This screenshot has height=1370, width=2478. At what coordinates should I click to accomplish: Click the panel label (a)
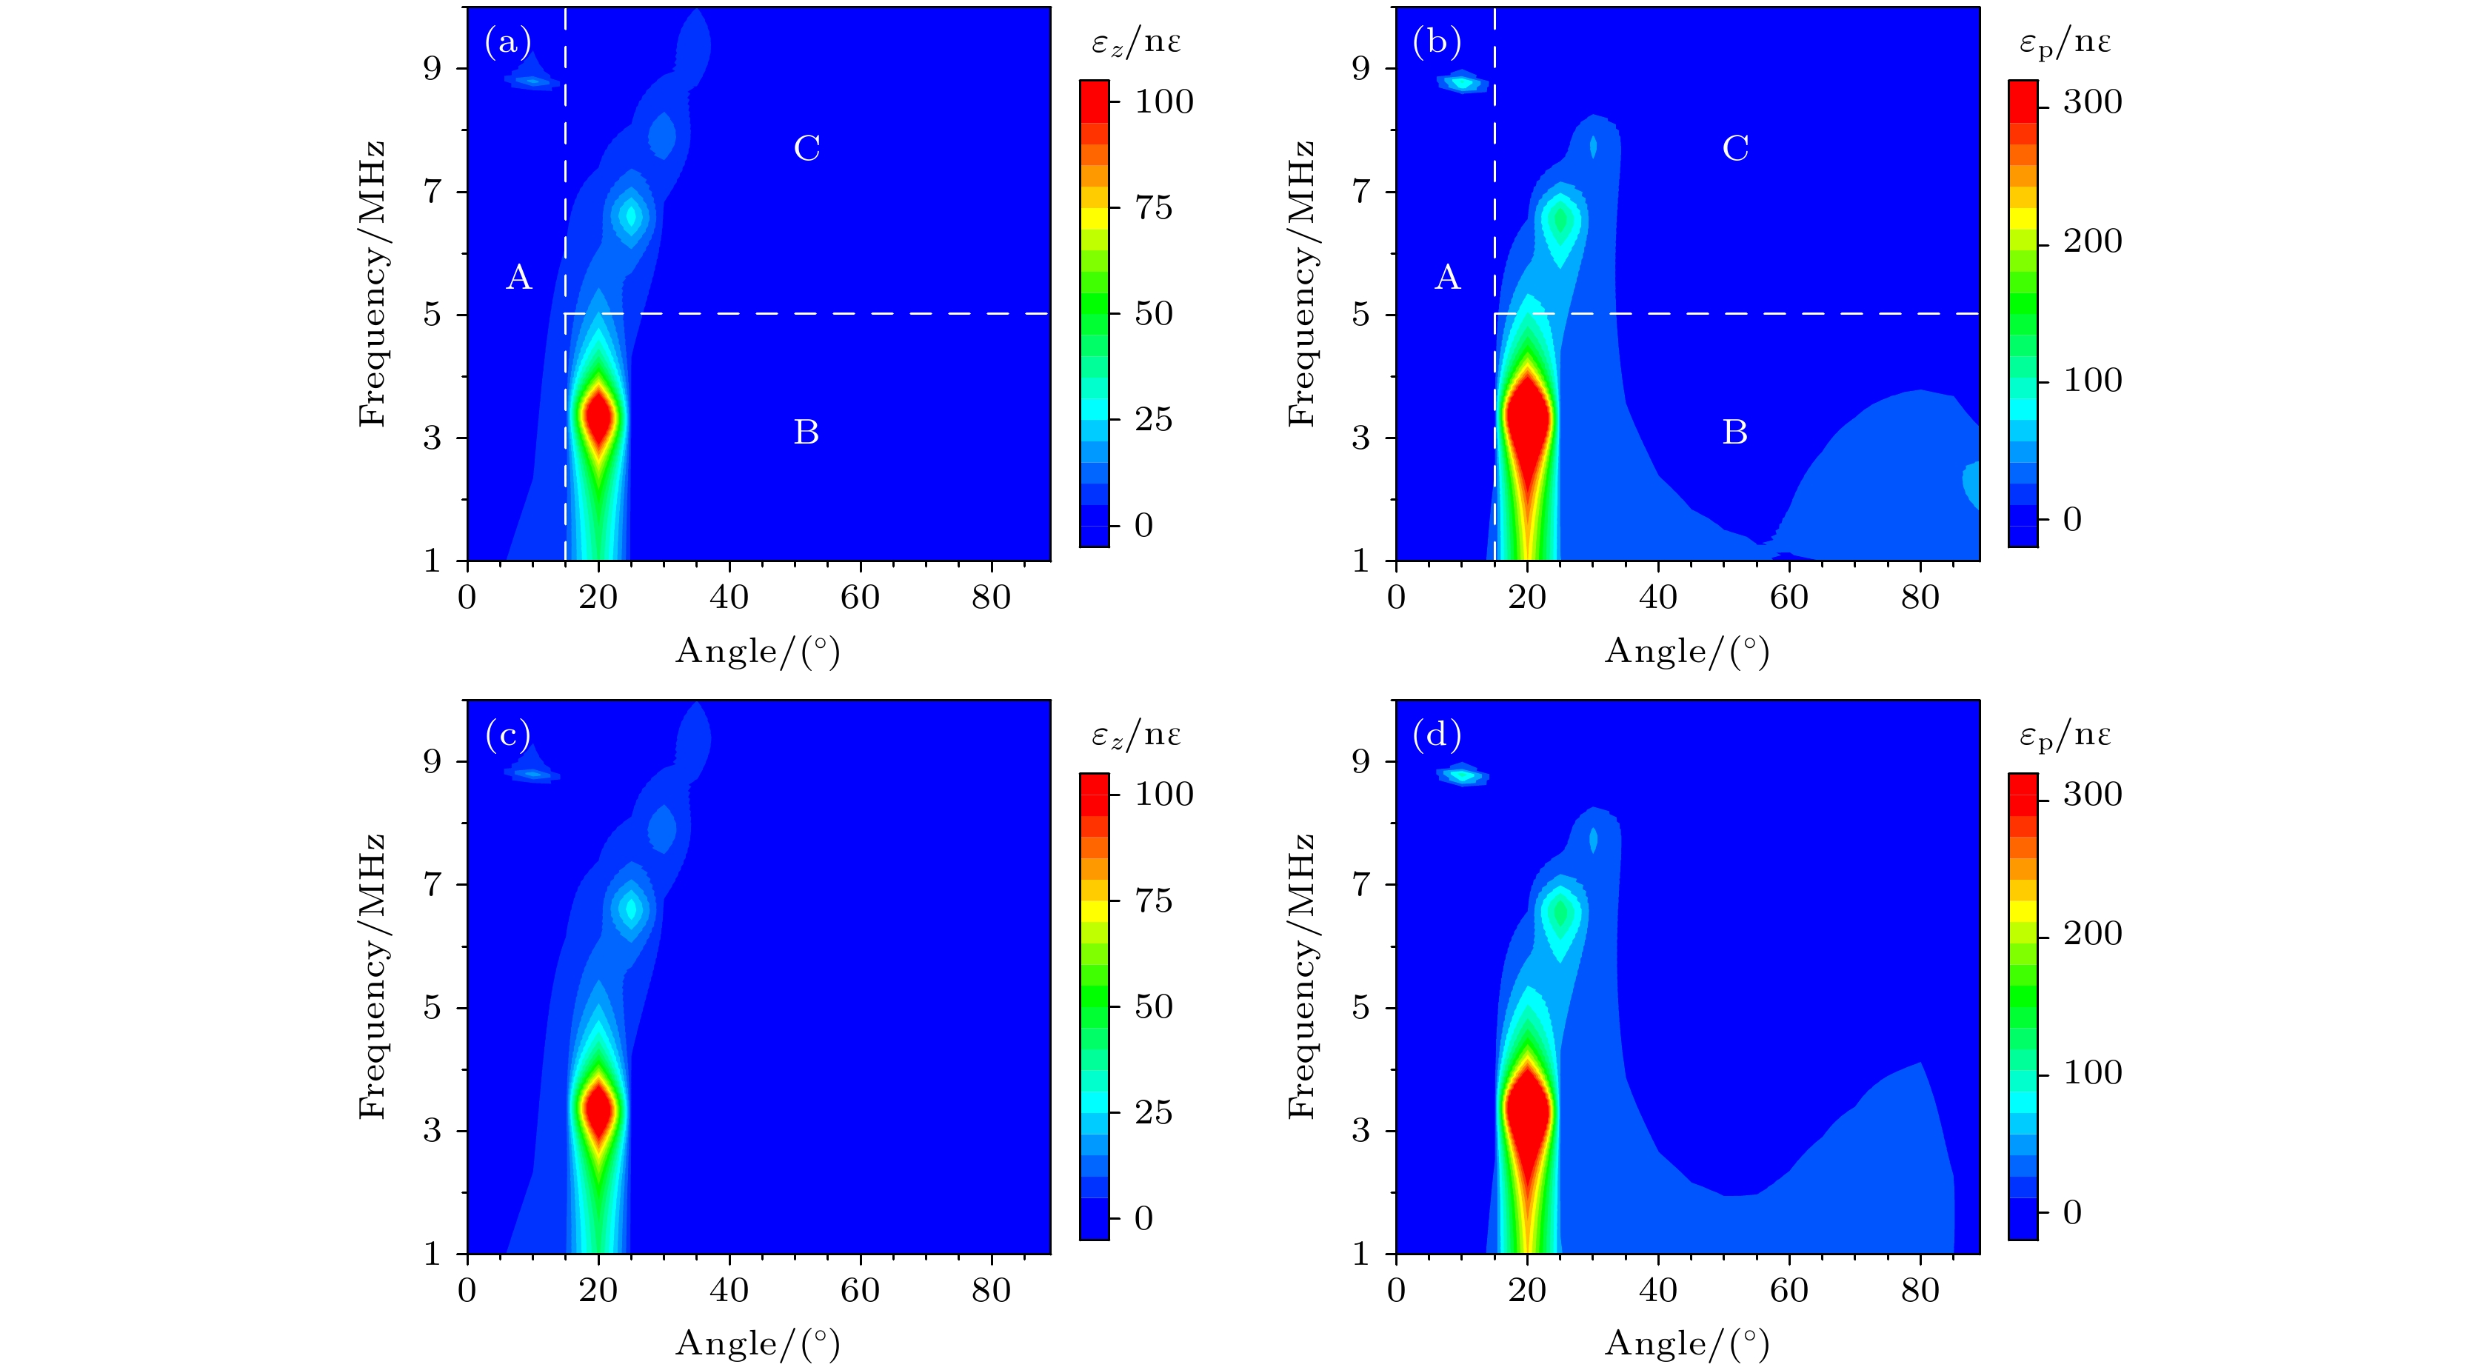tap(507, 43)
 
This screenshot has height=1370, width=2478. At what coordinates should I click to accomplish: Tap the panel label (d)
tap(1436, 736)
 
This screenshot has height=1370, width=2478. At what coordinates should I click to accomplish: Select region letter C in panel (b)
tap(1734, 148)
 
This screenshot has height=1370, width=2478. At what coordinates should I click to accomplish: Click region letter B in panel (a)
tap(806, 432)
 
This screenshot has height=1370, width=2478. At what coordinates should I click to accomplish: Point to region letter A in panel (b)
tap(1447, 278)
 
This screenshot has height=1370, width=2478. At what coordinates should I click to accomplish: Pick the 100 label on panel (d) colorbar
tap(2092, 1073)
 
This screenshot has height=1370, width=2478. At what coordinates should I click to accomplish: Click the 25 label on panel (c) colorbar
tap(1153, 1112)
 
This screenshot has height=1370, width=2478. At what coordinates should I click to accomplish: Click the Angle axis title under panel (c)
tap(758, 1343)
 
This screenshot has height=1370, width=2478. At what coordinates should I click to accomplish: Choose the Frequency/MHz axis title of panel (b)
tap(1300, 283)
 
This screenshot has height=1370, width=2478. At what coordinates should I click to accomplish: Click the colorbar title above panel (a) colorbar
tap(1136, 42)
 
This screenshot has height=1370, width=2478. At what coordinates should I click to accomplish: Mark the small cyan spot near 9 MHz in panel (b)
tap(1462, 83)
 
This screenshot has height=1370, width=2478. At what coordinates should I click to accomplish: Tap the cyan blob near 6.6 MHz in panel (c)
tap(631, 908)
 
